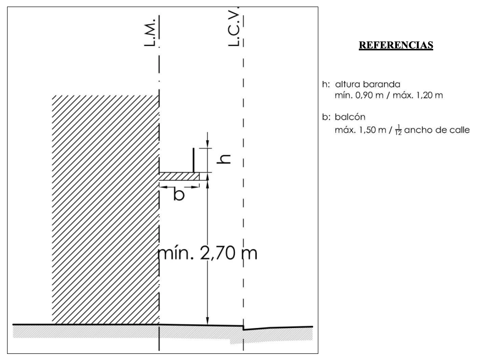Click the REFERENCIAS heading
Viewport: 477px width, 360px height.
pyautogui.click(x=396, y=46)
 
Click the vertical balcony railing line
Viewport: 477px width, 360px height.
pyautogui.click(x=193, y=160)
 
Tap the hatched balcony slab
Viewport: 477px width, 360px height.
pyautogui.click(x=179, y=176)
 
